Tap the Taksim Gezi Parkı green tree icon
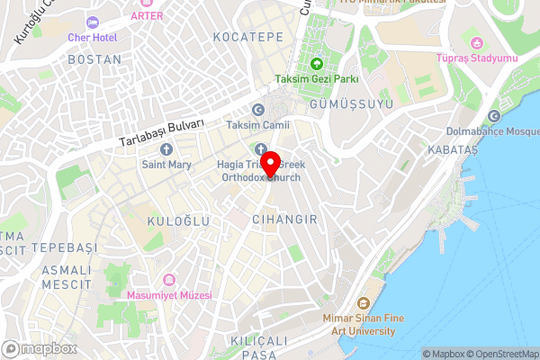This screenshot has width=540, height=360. coord(317,63)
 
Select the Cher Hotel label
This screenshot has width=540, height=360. coord(93,37)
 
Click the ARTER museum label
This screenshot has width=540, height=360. coord(148,15)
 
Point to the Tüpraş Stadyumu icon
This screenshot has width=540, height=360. coord(477,43)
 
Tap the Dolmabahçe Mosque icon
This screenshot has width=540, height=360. coord(493,117)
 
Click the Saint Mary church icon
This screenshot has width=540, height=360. coord(166,149)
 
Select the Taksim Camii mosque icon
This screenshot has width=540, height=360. coord(258,110)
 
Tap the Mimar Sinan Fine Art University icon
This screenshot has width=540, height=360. coord(364,304)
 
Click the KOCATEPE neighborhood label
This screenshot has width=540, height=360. coord(247,37)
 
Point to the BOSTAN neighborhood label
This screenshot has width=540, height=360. coord(94,59)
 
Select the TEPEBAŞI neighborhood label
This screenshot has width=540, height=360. coord(63,247)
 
